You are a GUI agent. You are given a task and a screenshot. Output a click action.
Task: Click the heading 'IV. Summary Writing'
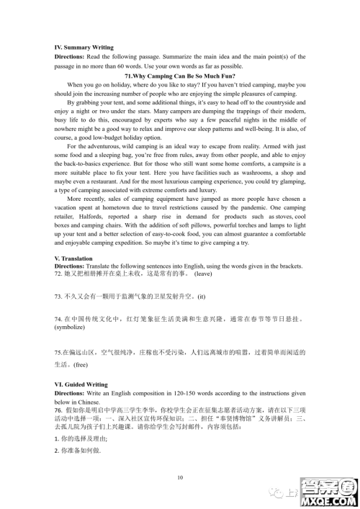pos(84,47)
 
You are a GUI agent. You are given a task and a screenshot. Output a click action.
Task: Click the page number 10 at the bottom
pos(180,477)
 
